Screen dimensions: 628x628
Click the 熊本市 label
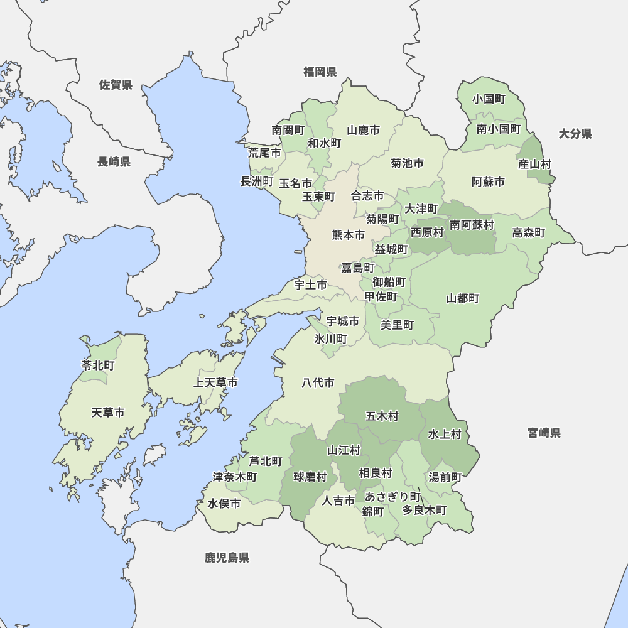tap(348, 235)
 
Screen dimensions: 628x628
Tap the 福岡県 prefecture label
tap(320, 72)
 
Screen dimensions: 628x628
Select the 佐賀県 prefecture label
tap(116, 85)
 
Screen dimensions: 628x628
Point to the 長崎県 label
tap(114, 162)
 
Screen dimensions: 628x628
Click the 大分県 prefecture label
tap(575, 134)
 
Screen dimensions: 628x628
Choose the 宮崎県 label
tap(544, 433)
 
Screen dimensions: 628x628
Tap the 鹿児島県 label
tap(227, 557)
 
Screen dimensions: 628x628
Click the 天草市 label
tap(107, 413)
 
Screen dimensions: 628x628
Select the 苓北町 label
tap(98, 365)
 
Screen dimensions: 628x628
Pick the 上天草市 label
tap(215, 382)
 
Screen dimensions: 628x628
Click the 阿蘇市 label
tap(488, 182)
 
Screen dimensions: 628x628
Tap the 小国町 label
tap(489, 99)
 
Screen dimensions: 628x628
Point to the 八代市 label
tap(318, 382)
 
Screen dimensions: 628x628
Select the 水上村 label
tap(445, 434)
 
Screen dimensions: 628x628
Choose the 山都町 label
tap(463, 298)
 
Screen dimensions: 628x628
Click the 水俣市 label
tap(224, 504)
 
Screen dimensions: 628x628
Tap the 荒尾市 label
tap(264, 153)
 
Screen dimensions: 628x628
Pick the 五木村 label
tap(382, 416)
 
